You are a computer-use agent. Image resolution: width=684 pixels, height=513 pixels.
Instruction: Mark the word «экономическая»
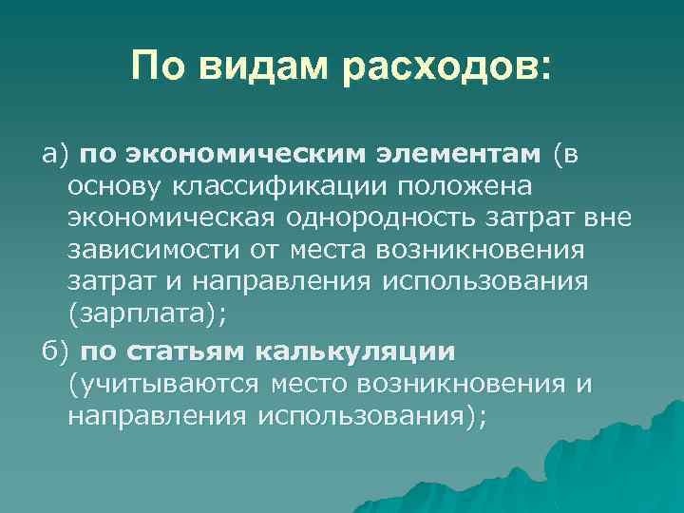[172, 219]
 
